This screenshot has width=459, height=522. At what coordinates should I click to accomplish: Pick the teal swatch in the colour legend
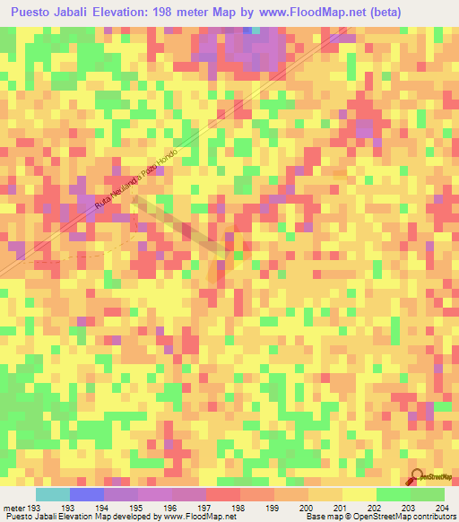point(52,494)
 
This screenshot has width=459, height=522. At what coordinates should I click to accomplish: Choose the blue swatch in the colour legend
point(86,494)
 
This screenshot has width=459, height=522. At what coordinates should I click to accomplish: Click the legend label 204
point(441,508)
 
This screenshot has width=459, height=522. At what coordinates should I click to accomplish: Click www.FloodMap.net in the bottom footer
point(194,518)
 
